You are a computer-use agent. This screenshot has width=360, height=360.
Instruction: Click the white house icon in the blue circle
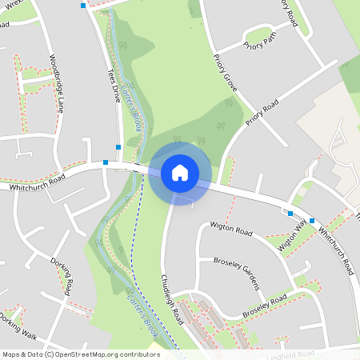pos(180,172)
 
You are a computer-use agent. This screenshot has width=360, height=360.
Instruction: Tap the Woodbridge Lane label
pos(55,81)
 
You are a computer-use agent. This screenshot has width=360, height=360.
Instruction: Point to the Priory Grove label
pos(226,73)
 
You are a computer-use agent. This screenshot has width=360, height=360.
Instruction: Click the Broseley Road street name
pos(265,304)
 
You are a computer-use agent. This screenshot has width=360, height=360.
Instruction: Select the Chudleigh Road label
pos(171,300)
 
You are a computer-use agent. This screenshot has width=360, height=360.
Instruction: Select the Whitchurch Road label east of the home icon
pos(334,248)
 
